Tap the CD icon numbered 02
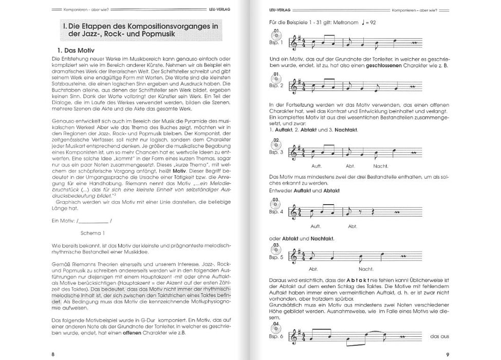[x=276, y=144]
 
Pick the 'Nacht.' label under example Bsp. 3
[x=381, y=166]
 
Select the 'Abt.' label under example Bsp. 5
[x=314, y=268]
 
